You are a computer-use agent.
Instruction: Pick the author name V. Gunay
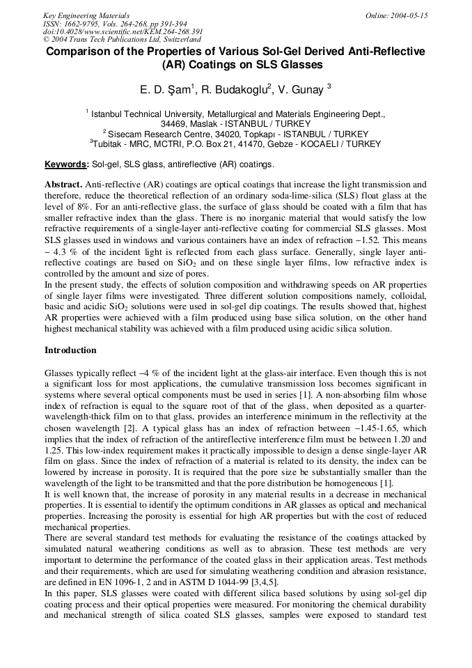(301, 90)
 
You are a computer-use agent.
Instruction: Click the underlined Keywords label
(66, 165)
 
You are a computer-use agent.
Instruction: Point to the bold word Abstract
(63, 185)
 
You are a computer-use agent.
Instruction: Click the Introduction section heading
(70, 350)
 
